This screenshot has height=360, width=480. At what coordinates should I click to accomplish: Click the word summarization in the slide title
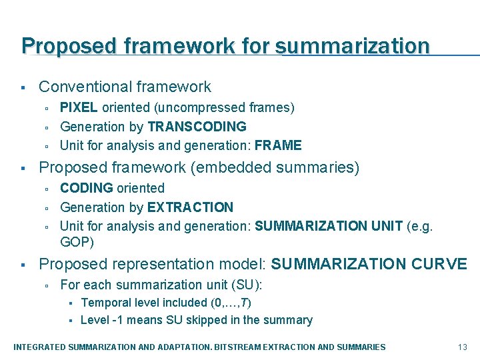pos(353,46)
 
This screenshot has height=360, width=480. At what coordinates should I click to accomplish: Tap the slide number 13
pos(463,347)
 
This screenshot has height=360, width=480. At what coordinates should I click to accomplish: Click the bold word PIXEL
pos(79,107)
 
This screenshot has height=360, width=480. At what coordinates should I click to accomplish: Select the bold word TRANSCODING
pos(197,126)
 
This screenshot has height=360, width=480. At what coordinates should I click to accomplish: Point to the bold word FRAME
pos(278,145)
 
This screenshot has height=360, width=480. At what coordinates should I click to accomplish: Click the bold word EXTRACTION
pos(190,207)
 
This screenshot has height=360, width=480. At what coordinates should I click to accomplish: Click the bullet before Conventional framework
pos(23,88)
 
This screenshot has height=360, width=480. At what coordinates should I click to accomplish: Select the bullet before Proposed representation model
pos(23,265)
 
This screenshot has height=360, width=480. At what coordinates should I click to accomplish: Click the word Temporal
pos(105,303)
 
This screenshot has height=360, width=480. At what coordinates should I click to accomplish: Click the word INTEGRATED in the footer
pos(41,347)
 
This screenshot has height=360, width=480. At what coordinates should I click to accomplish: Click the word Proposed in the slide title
pos(59,46)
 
